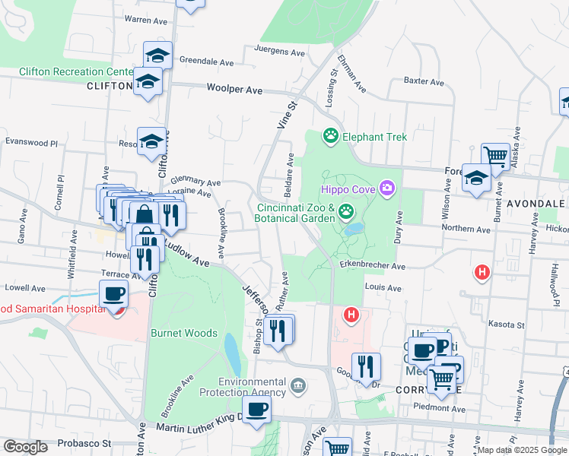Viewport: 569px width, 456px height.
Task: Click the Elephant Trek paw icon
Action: tap(331, 137)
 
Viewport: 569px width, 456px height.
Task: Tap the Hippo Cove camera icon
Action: tap(388, 187)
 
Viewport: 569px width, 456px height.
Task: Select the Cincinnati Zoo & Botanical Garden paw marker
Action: tap(347, 211)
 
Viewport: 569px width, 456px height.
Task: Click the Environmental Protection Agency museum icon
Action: tap(298, 387)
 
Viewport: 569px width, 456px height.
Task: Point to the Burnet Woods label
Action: tap(184, 333)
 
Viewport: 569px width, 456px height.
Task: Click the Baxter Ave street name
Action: tap(424, 81)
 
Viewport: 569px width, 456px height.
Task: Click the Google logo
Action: tap(25, 446)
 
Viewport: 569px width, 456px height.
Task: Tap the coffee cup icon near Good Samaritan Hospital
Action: tap(114, 293)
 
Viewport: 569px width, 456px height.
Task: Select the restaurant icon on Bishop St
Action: tap(278, 329)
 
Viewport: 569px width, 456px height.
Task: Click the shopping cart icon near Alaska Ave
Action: tap(495, 156)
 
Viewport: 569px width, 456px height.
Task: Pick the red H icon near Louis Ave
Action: tap(351, 313)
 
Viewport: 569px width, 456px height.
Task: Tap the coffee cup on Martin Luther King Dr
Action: tap(256, 408)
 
